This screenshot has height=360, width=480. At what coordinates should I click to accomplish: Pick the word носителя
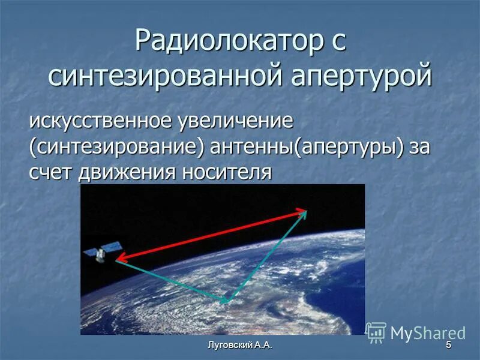227,172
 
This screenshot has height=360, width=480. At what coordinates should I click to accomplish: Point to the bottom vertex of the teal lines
226,301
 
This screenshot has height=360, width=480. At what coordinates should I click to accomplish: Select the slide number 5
448,346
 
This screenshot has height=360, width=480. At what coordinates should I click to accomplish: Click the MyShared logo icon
376,332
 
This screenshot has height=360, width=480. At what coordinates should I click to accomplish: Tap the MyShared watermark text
428,333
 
